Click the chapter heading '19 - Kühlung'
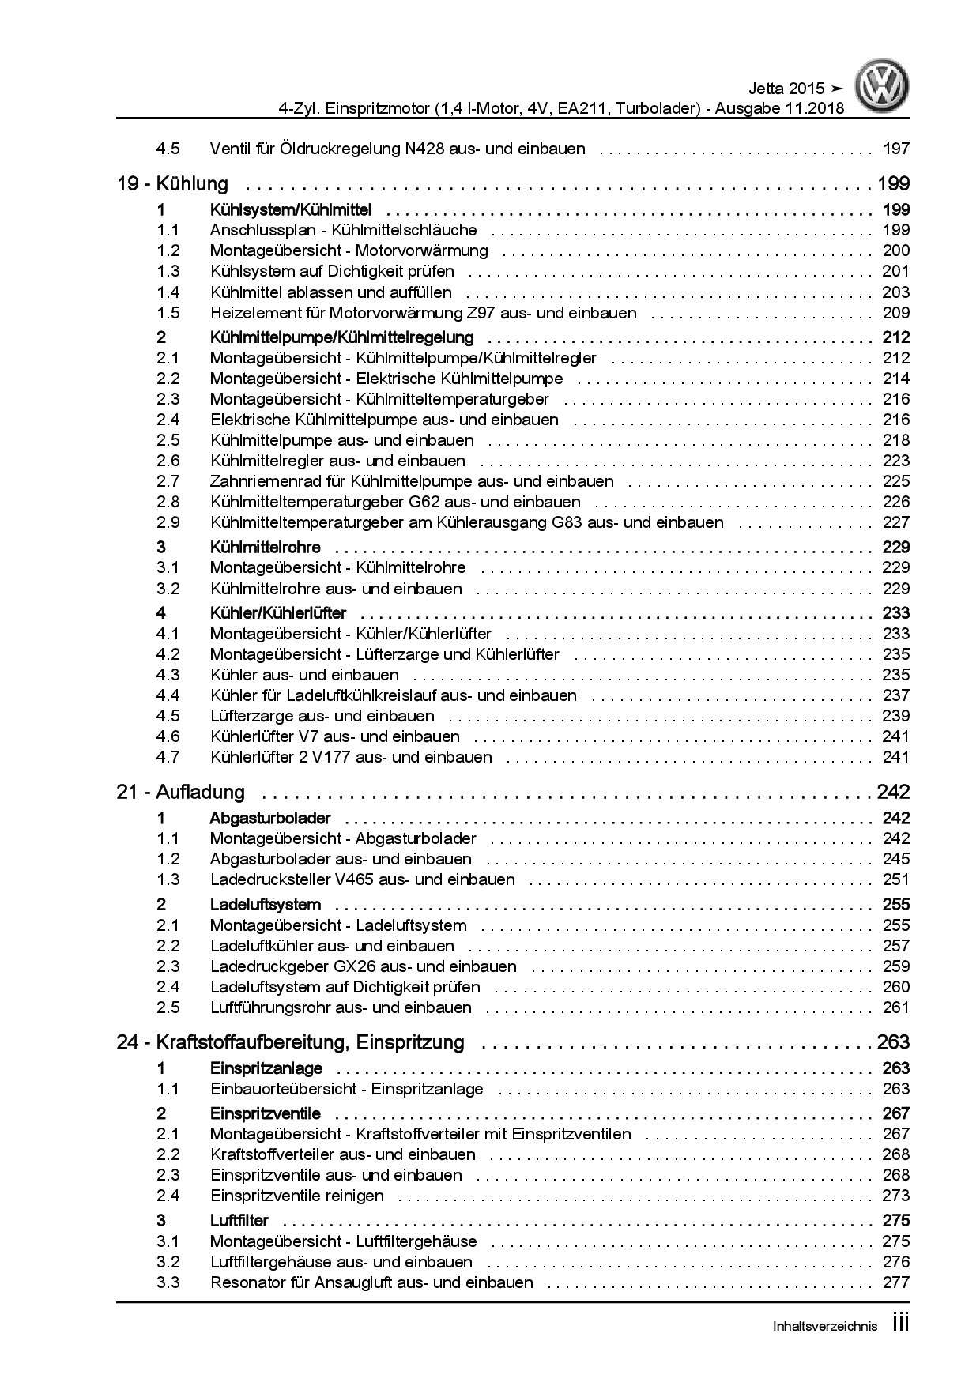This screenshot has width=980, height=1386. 172,184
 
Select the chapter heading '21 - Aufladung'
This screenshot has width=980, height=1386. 180,792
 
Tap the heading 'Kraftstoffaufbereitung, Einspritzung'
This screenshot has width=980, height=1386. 310,1042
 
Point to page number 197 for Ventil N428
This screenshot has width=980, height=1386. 895,149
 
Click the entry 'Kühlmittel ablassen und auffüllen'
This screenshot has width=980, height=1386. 330,292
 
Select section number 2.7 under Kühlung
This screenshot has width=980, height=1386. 168,481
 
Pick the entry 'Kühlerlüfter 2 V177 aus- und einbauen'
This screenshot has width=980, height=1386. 351,757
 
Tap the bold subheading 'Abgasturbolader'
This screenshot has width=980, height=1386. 270,818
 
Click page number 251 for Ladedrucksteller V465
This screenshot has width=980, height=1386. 895,879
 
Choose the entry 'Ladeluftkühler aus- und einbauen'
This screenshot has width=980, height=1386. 332,946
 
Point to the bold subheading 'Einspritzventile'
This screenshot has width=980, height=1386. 266,1113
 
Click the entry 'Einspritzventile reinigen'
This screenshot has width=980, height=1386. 297,1196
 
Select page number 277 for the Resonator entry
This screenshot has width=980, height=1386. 895,1282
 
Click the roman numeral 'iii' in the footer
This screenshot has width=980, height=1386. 900,1324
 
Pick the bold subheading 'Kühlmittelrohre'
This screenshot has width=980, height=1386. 266,547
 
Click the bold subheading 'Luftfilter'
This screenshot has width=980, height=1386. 239,1220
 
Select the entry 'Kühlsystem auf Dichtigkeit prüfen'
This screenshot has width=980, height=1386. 332,272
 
